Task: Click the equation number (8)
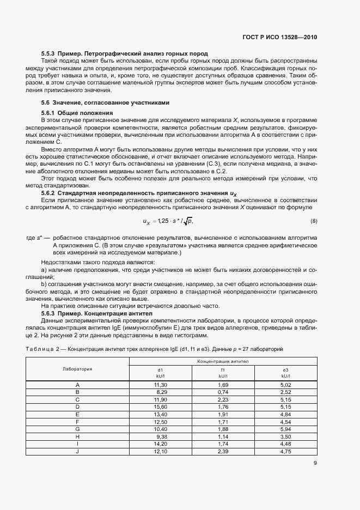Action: [314, 221]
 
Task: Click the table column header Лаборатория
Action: [77, 369]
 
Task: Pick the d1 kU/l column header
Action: [160, 372]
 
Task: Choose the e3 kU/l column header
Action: [285, 372]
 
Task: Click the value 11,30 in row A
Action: [160, 385]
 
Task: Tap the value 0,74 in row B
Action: [223, 392]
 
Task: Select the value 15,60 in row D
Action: [160, 406]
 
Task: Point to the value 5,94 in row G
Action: [285, 428]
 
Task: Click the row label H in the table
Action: [77, 436]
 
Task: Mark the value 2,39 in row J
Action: [223, 451]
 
